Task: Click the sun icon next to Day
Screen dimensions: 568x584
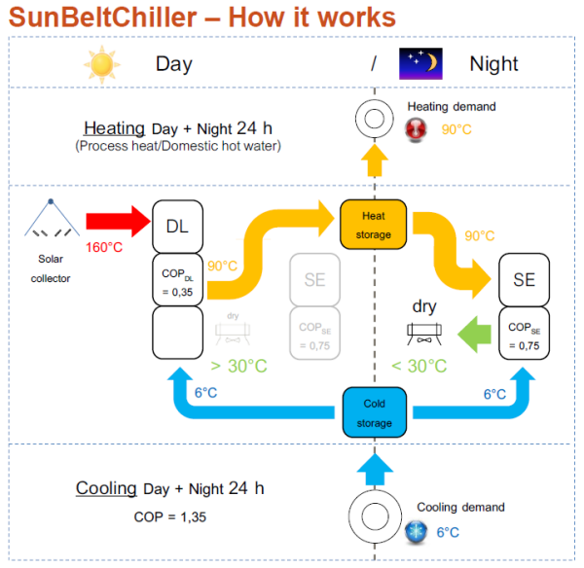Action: click(101, 63)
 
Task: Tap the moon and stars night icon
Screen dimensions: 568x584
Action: click(420, 63)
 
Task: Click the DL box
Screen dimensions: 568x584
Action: click(177, 226)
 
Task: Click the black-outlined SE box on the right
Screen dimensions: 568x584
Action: click(524, 279)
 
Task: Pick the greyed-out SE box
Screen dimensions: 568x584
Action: click(314, 280)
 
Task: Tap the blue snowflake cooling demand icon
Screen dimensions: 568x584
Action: click(416, 530)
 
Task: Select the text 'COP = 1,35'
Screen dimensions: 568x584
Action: click(169, 516)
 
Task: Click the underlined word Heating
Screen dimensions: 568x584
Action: click(114, 128)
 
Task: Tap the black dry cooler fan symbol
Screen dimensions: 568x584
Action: click(426, 334)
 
